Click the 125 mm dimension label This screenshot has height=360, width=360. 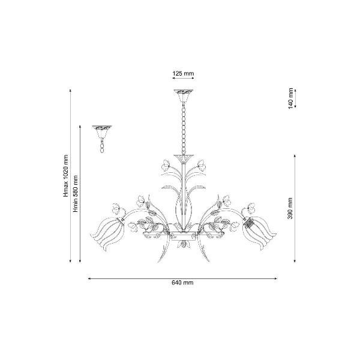pos(183,73)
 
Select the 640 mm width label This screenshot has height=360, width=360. pos(182,283)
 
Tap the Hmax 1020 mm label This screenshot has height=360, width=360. pos(66,176)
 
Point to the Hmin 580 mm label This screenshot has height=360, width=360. pos(76,194)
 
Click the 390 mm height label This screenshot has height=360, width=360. pos(290,208)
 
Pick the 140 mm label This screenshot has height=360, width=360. pos(290,98)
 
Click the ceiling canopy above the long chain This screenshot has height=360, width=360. pos(183,96)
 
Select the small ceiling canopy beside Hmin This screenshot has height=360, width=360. pos(102,132)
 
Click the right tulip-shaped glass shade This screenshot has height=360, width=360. pos(259,232)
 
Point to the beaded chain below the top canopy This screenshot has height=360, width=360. pos(184,129)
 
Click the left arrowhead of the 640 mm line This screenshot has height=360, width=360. pos(89,279)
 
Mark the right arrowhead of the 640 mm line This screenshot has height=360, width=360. pos(276,279)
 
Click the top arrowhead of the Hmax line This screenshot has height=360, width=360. pos(70,91)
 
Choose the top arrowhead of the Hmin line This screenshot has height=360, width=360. pos(80,127)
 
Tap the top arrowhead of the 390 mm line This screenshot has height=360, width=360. pos(295,156)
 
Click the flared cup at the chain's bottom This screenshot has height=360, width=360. pos(184,158)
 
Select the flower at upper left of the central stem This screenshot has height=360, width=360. pos(166,164)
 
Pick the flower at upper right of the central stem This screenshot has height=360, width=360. pos(202,164)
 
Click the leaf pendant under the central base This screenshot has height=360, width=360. pos(184,244)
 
